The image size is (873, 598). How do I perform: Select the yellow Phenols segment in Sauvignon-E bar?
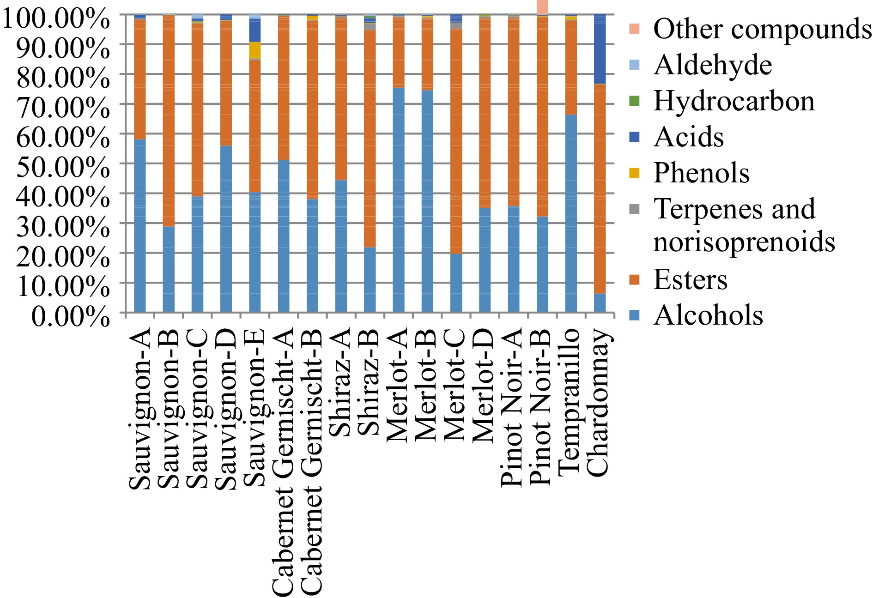tap(255, 50)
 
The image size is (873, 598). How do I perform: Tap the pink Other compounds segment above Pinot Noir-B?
tap(542, 7)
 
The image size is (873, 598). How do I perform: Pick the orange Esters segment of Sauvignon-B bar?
tap(169, 120)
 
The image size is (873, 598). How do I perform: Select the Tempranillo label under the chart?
tap(570, 402)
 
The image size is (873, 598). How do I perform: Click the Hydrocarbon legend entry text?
tap(734, 101)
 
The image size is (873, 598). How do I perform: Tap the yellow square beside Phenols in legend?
tap(635, 173)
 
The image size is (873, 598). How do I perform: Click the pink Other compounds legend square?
tap(635, 29)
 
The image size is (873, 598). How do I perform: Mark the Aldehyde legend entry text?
tap(713, 65)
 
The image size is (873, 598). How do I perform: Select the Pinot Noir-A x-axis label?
tap(512, 407)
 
